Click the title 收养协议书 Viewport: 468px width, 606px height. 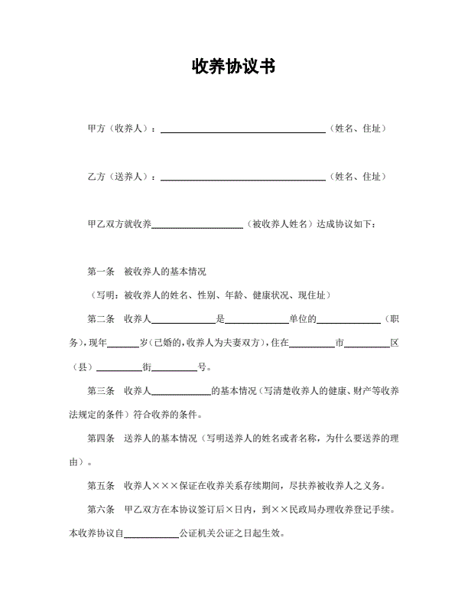pyautogui.click(x=233, y=67)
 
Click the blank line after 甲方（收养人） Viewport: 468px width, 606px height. pyautogui.click(x=242, y=131)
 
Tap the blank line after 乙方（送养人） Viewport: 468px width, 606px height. pyautogui.click(x=242, y=178)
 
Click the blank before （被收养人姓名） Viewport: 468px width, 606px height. pyautogui.click(x=198, y=226)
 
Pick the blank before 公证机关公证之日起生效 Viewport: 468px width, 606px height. pyautogui.click(x=151, y=535)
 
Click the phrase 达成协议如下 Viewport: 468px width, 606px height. pyautogui.click(x=347, y=224)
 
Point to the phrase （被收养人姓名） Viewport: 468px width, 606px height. pyautogui.click(x=281, y=224)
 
